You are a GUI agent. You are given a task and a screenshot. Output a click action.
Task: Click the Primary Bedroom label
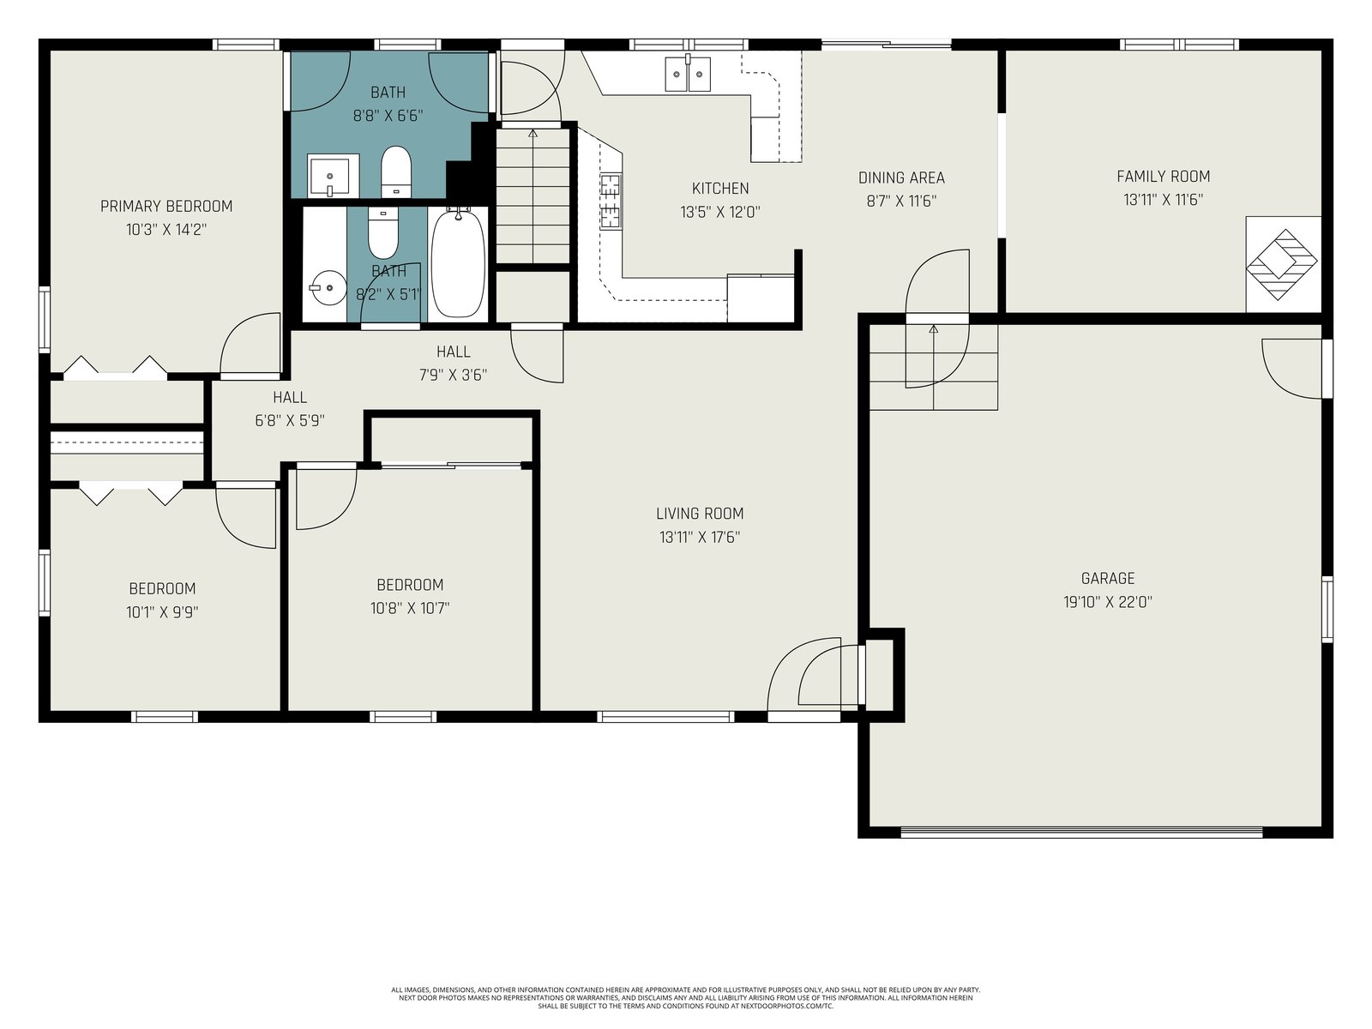[x=166, y=206]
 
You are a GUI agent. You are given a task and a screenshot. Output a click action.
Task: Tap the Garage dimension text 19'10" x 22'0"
[x=1108, y=602]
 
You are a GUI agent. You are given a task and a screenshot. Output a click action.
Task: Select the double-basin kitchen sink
[x=688, y=73]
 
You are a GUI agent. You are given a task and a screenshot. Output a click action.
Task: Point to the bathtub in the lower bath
[x=458, y=263]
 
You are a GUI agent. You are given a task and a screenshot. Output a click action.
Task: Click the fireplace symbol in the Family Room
[x=1281, y=263]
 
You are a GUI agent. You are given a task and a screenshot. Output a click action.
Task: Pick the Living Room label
[x=700, y=514]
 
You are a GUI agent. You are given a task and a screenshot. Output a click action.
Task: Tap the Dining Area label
[x=901, y=178]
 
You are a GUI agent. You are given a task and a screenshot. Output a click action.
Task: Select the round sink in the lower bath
[x=328, y=288]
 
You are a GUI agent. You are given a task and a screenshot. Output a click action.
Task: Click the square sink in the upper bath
[x=334, y=175]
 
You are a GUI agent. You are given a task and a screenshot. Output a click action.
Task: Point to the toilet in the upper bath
[x=395, y=171]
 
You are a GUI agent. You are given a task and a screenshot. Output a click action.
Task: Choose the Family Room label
[x=1164, y=177]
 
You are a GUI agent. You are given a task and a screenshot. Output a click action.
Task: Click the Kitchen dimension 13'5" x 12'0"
[x=720, y=213]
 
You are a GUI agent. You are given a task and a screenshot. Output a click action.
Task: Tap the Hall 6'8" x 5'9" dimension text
[x=289, y=420]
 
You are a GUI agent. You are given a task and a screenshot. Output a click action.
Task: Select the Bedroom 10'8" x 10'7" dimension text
[x=409, y=608]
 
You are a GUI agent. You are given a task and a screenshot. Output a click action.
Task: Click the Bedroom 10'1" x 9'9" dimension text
[x=162, y=612]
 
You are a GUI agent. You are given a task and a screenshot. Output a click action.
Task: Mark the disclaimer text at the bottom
[x=686, y=998]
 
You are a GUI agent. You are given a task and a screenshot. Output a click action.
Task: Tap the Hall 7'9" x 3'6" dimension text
[x=453, y=375]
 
